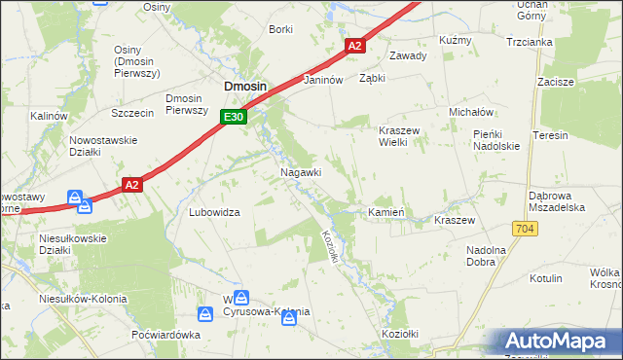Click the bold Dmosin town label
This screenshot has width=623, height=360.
245,86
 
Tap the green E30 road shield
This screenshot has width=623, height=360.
232,117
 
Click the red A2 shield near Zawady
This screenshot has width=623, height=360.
354,46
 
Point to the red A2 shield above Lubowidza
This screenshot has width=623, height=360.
133,183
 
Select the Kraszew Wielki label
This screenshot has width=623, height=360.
398,135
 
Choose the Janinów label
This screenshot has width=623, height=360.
324,81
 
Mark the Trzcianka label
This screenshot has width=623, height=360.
530,42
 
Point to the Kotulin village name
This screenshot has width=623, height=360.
545,278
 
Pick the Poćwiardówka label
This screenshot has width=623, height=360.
165,335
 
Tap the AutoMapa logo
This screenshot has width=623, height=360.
559,342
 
